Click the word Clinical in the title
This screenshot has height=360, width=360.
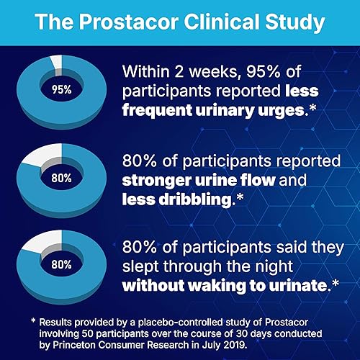[222, 22]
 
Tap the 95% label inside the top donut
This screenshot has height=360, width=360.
[62, 90]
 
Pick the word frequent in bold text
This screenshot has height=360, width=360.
[157, 110]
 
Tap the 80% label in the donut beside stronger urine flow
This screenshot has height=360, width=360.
[61, 179]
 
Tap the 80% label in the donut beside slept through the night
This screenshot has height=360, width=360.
[61, 265]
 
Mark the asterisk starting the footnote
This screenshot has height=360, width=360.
[34, 320]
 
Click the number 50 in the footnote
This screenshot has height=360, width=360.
[87, 334]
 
